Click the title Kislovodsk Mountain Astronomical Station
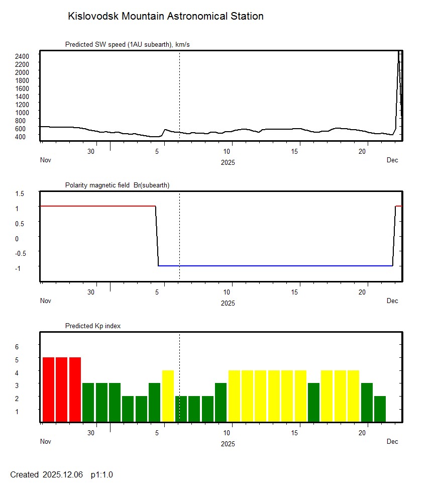pyautogui.click(x=165, y=17)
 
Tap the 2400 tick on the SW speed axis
pyautogui.click(x=22, y=56)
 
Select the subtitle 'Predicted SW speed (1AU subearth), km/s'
pyautogui.click(x=127, y=45)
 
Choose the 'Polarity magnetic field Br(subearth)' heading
pyautogui.click(x=117, y=185)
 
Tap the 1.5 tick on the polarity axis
pyautogui.click(x=20, y=193)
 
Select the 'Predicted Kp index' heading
pyautogui.click(x=93, y=326)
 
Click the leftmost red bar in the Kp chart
pyautogui.click(x=48, y=390)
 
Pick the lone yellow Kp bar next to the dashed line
pyautogui.click(x=168, y=396)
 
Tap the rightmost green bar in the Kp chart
pyautogui.click(x=380, y=409)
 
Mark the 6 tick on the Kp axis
pyautogui.click(x=16, y=347)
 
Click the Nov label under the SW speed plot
pyautogui.click(x=46, y=160)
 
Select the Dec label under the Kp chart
pyautogui.click(x=392, y=442)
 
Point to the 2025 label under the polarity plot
pyautogui.click(x=228, y=303)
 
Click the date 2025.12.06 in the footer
pyautogui.click(x=63, y=475)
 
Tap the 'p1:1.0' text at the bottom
pyautogui.click(x=102, y=475)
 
